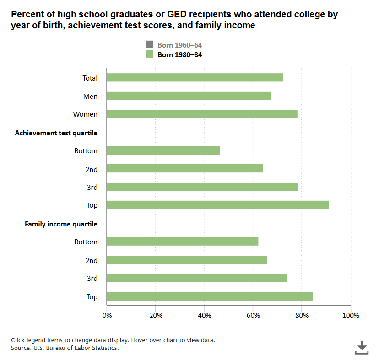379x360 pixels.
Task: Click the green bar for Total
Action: pos(195,78)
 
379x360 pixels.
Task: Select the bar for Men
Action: pos(188,96)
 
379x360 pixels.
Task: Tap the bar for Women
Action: pos(202,114)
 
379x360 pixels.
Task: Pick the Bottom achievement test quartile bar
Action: pos(163,150)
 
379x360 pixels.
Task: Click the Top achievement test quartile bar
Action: pos(217,205)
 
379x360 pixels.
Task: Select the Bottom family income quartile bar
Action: pos(182,242)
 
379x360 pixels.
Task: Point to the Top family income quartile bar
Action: pos(210,296)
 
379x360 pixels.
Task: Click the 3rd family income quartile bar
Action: pos(196,278)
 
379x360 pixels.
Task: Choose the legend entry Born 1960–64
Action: pos(179,45)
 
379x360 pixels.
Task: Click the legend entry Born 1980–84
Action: pos(179,54)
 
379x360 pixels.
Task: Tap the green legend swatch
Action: pos(150,54)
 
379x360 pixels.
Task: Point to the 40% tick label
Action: pos(204,316)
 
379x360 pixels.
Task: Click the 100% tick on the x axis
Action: pos(351,316)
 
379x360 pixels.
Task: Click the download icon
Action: pos(362,347)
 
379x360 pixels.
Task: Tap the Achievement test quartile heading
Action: pos(56,133)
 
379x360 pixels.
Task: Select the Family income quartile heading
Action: pos(61,224)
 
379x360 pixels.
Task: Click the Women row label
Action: pos(85,114)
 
